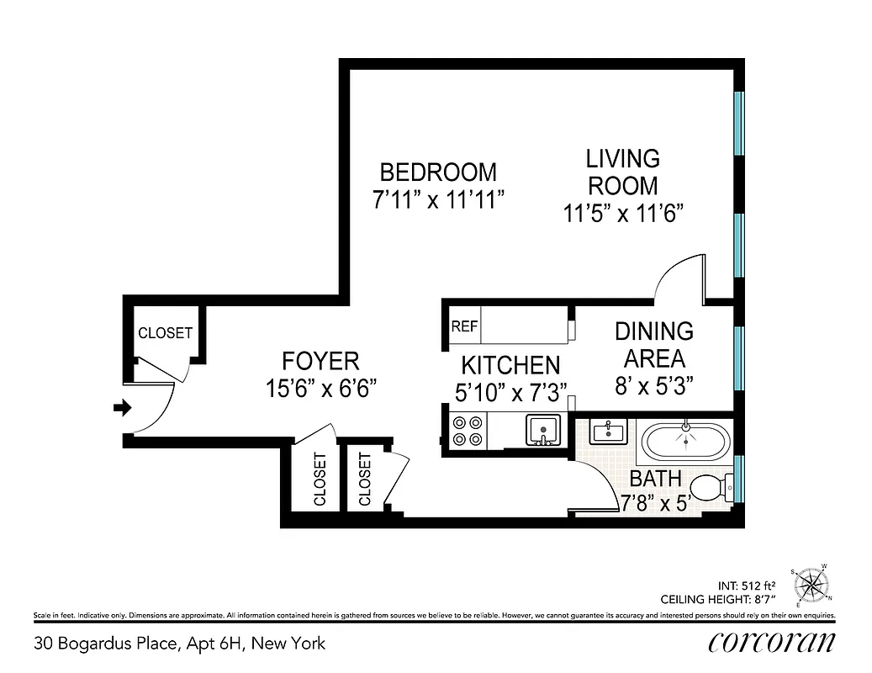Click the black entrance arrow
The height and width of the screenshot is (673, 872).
123,408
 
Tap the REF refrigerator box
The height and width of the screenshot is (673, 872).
464,326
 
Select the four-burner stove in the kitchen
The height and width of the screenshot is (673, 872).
467,431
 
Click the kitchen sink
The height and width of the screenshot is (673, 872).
543,430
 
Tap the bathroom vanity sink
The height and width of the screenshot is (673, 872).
606,432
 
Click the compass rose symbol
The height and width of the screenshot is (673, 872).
811,582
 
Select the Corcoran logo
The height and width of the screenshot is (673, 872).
771,642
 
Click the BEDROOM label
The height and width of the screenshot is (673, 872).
438,172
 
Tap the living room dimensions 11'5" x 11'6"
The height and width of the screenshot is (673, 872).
621,214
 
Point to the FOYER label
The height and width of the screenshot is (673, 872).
320,362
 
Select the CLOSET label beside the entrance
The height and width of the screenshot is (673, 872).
165,333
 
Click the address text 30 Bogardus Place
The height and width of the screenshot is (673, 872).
179,644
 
